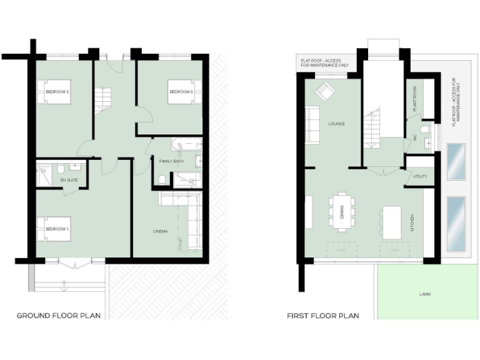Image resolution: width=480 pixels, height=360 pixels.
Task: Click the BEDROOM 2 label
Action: point(57,92)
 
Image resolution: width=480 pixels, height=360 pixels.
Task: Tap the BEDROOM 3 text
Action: point(180,92)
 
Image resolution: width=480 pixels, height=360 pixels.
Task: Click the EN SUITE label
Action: point(69,181)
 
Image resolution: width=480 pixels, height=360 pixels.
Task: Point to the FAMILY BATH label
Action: point(172,161)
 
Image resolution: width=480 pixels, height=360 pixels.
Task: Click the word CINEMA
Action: point(160,232)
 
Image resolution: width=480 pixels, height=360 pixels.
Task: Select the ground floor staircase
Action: point(102,100)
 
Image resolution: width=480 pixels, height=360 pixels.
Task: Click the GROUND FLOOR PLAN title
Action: point(58,316)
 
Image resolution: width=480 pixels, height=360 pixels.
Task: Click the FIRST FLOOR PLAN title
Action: point(322,316)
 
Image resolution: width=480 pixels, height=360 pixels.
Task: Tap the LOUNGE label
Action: point(336,124)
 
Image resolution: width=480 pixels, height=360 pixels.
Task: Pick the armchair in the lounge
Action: point(324,92)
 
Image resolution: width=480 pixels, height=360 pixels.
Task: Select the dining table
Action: point(342,211)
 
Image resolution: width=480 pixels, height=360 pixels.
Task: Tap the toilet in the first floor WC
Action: point(425,130)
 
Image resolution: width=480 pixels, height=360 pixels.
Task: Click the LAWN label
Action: point(424,294)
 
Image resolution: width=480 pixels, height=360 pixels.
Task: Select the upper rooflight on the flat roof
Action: point(456,161)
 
